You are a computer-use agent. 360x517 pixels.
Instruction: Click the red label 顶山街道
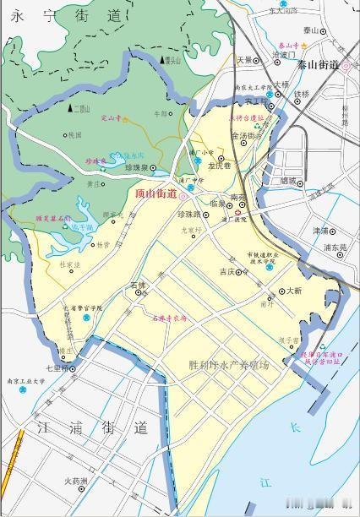coord(155,193)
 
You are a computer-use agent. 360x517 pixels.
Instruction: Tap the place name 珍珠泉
coord(136,169)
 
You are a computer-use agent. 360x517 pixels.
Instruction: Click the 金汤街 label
coord(240,136)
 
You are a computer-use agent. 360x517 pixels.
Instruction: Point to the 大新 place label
coord(294,290)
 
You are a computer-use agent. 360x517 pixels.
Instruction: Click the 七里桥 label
coord(55,368)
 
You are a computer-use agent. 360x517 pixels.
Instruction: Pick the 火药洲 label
coord(75,482)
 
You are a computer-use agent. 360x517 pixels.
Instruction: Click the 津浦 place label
coord(320,230)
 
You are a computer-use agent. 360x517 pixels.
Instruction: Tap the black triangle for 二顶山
coord(70,108)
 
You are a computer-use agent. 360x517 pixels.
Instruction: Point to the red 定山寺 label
coord(112,119)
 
